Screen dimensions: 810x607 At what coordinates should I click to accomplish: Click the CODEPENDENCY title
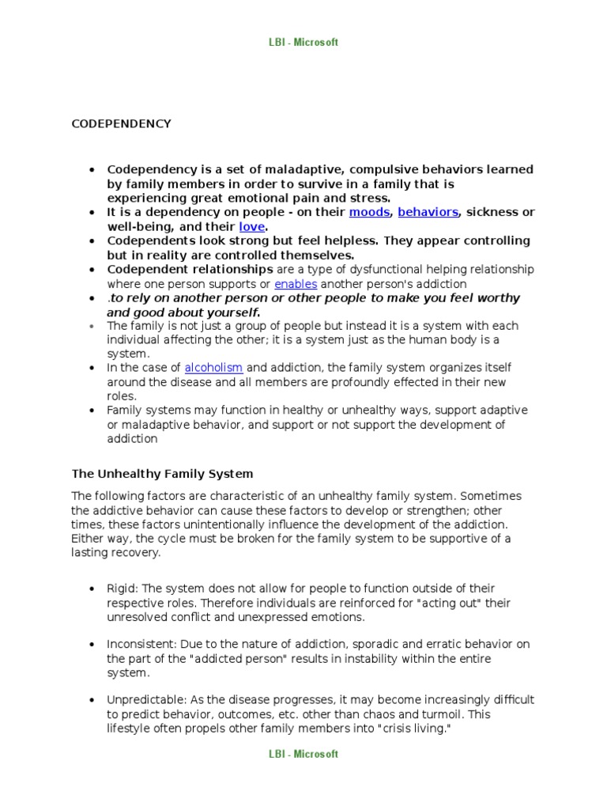click(122, 123)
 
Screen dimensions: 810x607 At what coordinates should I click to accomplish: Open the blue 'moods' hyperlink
click(369, 212)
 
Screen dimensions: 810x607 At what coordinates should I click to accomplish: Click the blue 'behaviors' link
click(428, 212)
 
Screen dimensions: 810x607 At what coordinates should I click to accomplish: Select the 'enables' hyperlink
click(296, 283)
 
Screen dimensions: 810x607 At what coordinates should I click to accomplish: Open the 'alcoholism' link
click(213, 368)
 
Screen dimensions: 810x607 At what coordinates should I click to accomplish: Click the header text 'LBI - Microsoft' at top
click(303, 42)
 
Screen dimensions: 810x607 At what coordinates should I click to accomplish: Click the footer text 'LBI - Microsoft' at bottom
click(303, 754)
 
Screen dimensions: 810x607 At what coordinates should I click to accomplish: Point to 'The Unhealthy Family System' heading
click(162, 474)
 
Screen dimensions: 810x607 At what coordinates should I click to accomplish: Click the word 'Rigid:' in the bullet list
click(123, 589)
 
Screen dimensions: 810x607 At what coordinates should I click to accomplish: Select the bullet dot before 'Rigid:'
click(92, 589)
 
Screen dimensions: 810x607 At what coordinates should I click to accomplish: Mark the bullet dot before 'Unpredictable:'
click(92, 701)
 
